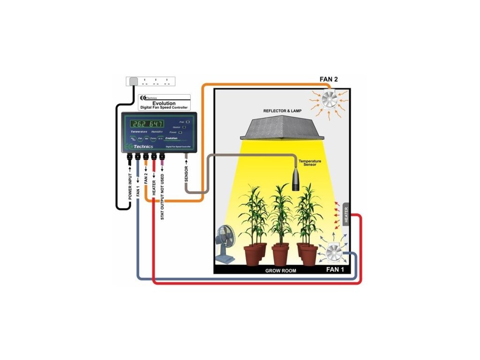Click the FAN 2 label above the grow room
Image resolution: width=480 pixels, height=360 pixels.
(x=329, y=79)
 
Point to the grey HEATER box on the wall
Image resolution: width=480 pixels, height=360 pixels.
(x=346, y=215)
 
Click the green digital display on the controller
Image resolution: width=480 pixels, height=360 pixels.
(x=147, y=124)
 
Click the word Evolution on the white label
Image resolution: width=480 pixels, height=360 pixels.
(x=164, y=103)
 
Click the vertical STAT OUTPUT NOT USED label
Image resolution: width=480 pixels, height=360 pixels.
(x=162, y=196)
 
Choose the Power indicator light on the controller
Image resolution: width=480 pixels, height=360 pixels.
(x=180, y=133)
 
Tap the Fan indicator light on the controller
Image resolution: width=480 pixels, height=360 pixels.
(x=187, y=121)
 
